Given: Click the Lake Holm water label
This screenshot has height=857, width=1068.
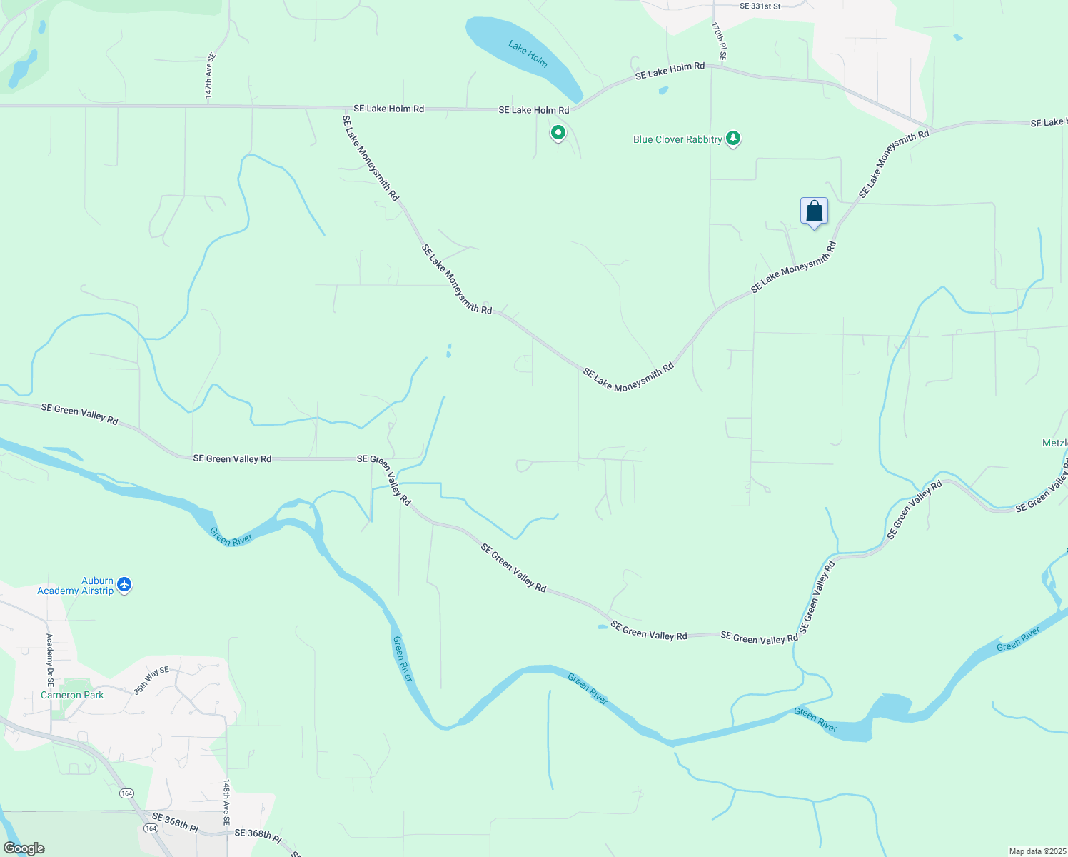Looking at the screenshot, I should point(528,54).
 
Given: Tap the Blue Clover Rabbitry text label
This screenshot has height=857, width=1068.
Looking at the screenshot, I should point(677,139).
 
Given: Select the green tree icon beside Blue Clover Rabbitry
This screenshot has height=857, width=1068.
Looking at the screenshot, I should point(733,138).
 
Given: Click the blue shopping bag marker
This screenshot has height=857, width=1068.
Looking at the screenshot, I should point(814,211).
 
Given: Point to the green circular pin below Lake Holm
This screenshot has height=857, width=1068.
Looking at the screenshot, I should point(558,133).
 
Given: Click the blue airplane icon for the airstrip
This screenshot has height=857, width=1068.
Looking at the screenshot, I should point(125,585).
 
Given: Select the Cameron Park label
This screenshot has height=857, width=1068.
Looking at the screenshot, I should point(72,695).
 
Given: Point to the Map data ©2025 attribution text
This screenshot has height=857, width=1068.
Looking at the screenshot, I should point(1037,851).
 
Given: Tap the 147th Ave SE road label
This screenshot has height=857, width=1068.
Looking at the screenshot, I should point(210,75).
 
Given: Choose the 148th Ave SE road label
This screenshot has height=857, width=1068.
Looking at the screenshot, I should point(226,803).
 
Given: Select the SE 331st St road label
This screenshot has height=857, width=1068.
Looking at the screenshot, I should point(760,6).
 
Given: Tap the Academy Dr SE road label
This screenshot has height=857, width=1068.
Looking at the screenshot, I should point(49,660).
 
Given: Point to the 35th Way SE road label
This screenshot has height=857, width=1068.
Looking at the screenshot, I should point(151,680).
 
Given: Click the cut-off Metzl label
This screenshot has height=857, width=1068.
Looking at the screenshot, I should point(1054,443).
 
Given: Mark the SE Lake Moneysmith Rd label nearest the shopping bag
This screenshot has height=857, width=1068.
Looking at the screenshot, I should point(793,268).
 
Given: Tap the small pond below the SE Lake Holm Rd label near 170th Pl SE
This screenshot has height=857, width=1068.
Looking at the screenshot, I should point(664,91).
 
